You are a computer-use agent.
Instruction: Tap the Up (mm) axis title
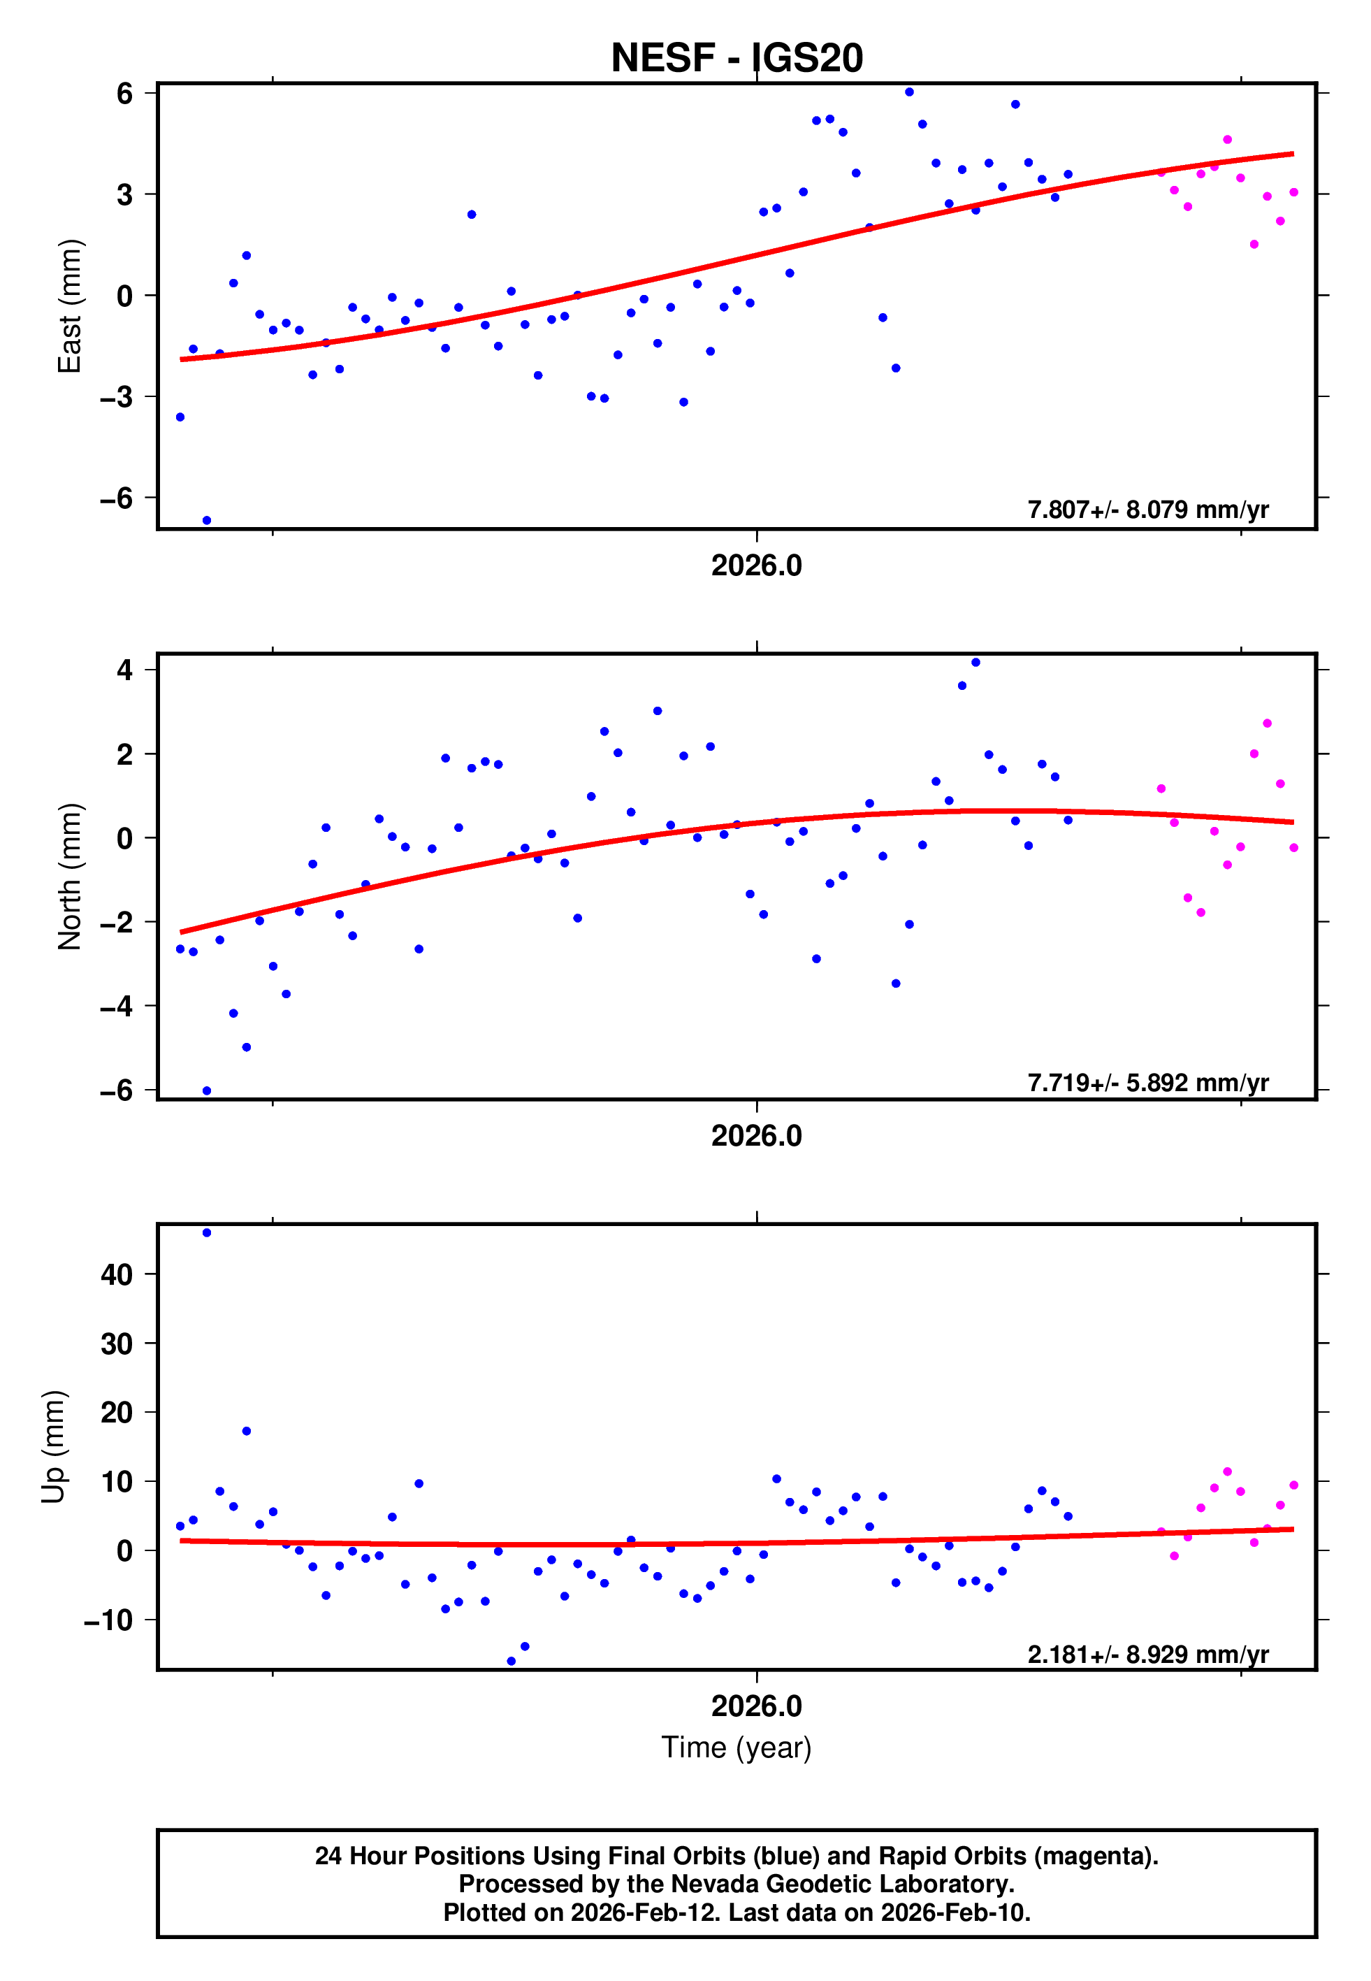[53, 1447]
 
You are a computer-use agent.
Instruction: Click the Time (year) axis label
[737, 1748]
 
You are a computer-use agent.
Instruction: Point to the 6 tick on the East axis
[125, 93]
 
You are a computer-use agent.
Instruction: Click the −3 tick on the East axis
[117, 397]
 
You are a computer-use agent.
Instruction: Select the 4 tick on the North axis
[125, 670]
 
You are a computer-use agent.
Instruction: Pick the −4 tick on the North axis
[117, 1006]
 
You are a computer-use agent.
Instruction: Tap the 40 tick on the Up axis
[117, 1274]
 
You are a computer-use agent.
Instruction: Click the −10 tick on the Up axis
[108, 1620]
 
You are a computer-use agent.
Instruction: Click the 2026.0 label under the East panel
[756, 566]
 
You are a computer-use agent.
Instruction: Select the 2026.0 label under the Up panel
[756, 1706]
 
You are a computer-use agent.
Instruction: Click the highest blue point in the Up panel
[206, 1233]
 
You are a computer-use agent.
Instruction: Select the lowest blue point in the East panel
[206, 521]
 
